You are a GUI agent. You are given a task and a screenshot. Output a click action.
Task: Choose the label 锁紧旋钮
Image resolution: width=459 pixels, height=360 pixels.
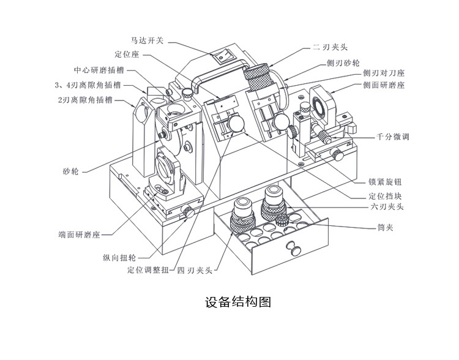pos(386,182)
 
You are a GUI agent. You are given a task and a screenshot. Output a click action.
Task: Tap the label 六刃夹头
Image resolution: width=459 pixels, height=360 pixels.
pos(386,207)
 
